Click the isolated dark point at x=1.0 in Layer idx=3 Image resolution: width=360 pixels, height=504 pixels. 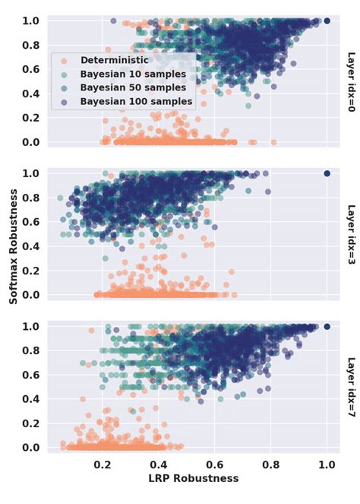(327, 173)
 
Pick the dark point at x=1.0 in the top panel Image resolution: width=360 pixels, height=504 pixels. (327, 21)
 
